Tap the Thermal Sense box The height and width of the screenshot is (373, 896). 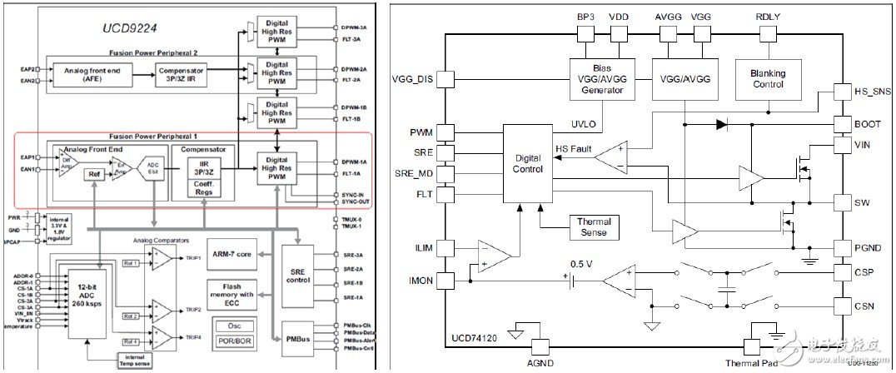[594, 226]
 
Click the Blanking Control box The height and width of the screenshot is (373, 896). [767, 78]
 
